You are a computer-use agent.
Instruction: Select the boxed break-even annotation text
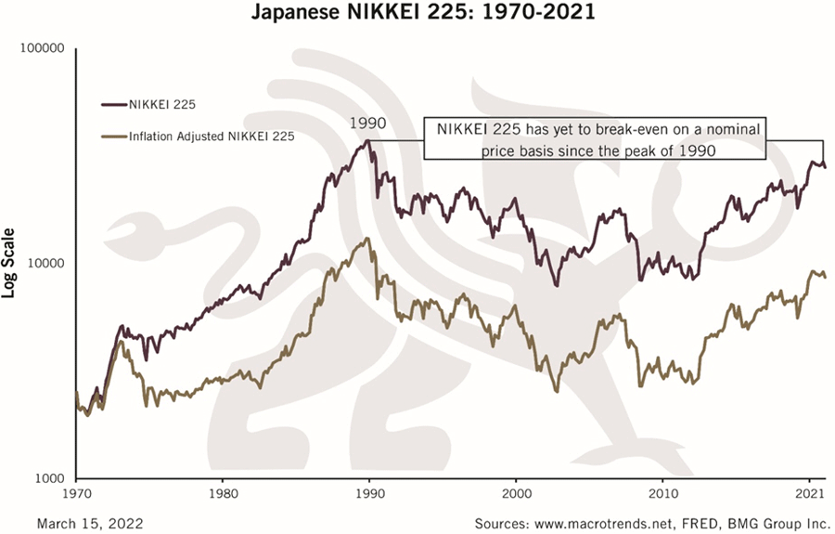pyautogui.click(x=598, y=137)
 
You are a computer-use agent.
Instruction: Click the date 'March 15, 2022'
pyautogui.click(x=91, y=523)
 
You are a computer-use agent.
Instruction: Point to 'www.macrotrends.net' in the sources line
pyautogui.click(x=601, y=523)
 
